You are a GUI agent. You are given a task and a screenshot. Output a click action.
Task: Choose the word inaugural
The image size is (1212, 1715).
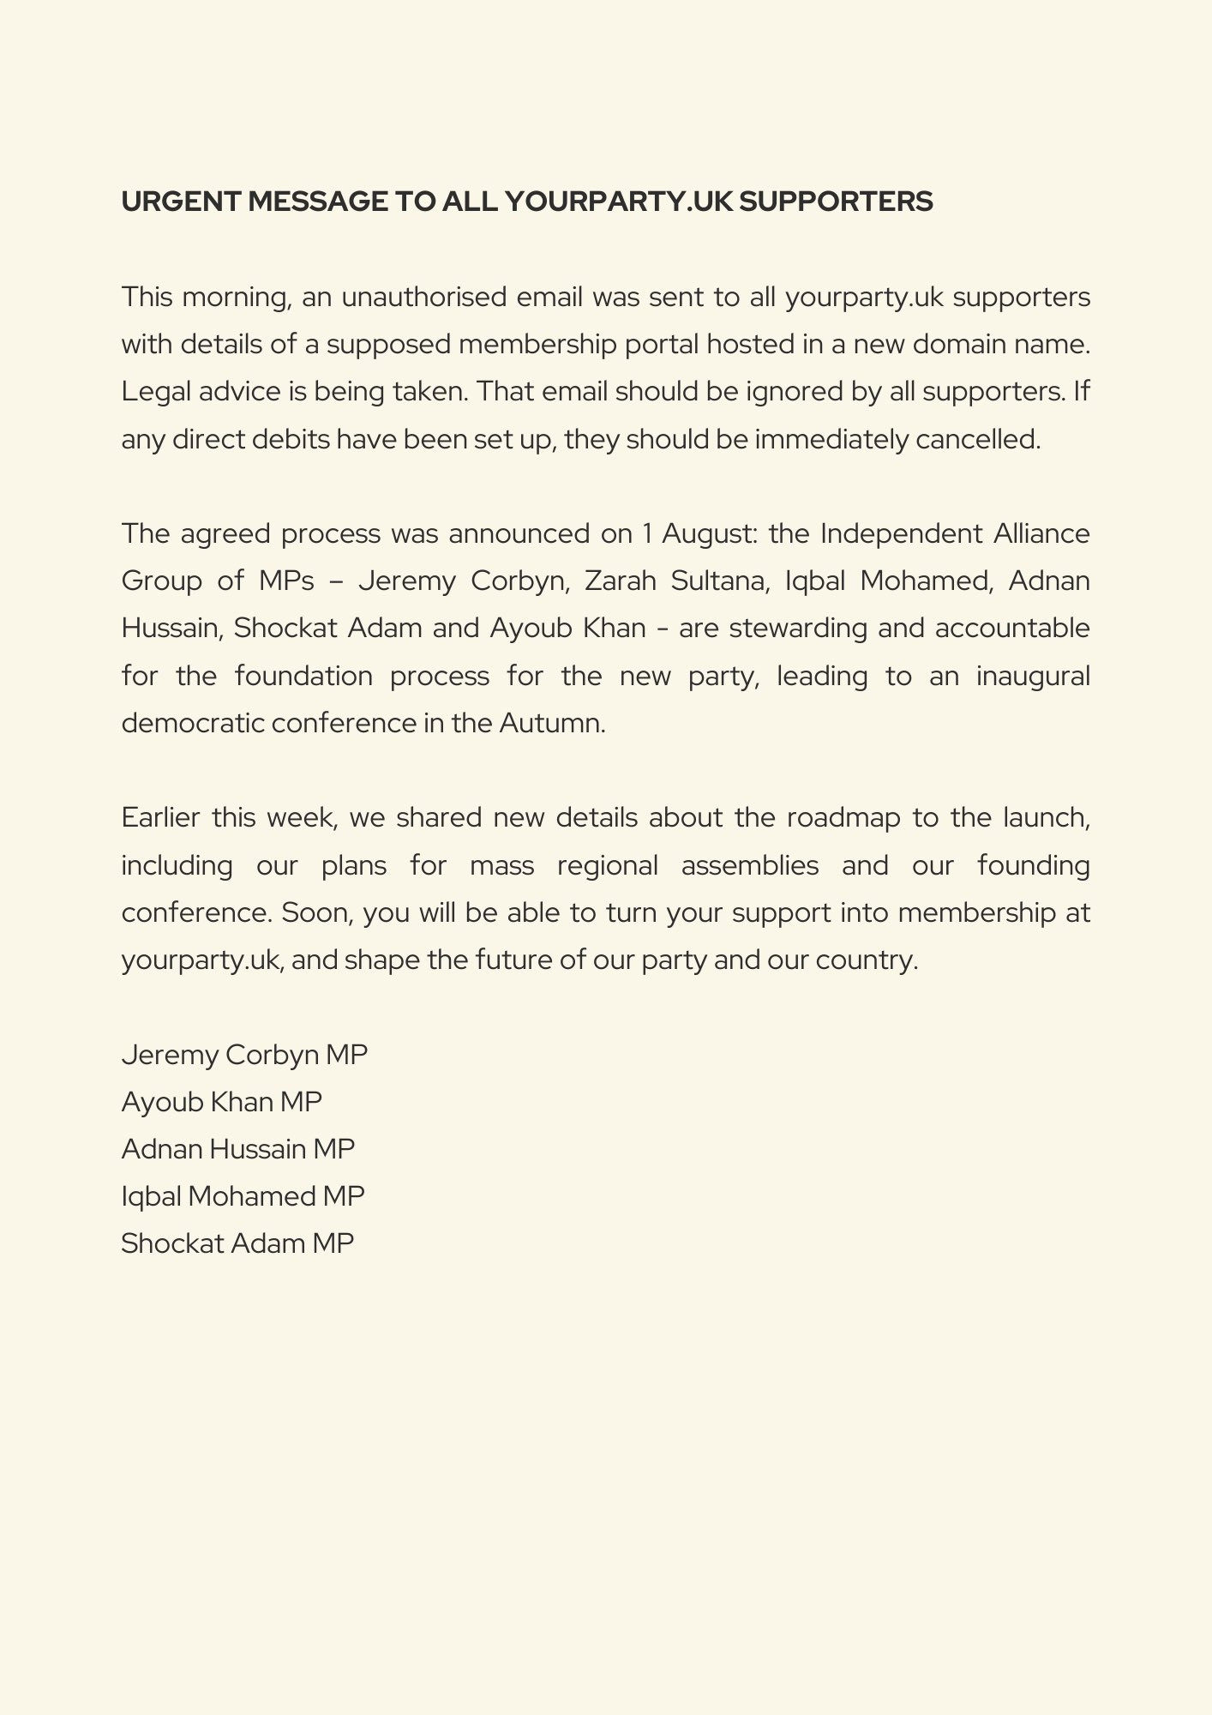(1033, 676)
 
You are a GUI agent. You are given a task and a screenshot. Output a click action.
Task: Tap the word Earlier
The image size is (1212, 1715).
(160, 817)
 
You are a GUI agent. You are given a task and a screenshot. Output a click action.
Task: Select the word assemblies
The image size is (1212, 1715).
(750, 865)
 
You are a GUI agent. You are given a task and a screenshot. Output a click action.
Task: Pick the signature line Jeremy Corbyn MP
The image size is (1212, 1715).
(244, 1054)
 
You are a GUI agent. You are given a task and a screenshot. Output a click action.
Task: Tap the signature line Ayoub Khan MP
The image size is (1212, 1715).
(221, 1101)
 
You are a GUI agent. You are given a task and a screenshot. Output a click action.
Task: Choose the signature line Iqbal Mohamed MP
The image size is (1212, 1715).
(243, 1195)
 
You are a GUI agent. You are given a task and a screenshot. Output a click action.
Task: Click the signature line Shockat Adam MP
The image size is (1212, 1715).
(237, 1243)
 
